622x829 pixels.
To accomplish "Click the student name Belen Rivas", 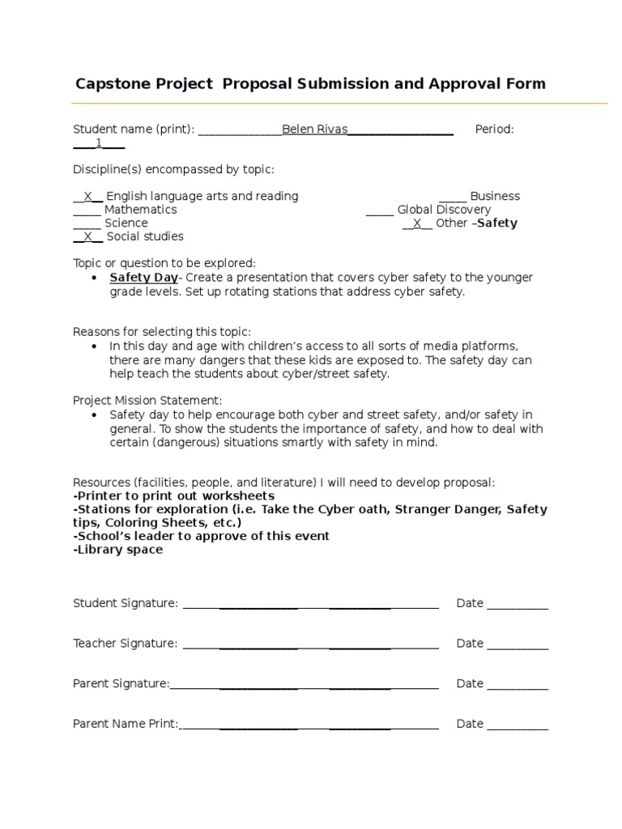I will [x=314, y=130].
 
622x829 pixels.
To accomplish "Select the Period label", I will [x=494, y=130].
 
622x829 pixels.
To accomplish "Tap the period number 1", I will [x=99, y=143].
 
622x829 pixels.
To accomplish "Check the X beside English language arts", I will [x=88, y=196].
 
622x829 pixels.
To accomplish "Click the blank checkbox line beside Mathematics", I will [x=87, y=210].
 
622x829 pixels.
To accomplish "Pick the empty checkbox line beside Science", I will [x=87, y=223].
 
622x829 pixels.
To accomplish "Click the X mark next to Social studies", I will [x=88, y=236].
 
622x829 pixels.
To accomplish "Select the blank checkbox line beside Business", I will [x=453, y=196].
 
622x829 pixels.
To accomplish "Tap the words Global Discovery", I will [x=444, y=210].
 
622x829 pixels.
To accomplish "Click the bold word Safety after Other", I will [x=497, y=223].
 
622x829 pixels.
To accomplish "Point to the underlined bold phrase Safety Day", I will [x=143, y=278].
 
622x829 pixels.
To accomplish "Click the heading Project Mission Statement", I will [x=147, y=400].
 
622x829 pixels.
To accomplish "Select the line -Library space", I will [x=118, y=550].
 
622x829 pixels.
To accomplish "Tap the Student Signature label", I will [x=125, y=603].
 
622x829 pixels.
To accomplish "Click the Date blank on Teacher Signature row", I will [x=518, y=644].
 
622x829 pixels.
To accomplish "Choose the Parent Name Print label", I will [x=126, y=724].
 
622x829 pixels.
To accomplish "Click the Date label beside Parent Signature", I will [x=470, y=683].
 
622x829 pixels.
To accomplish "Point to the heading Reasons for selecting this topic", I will [x=162, y=331].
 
